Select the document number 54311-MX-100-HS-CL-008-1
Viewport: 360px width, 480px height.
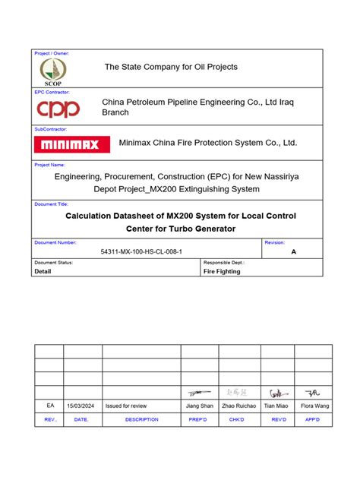[141, 251]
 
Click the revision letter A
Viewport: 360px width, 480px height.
[293, 251]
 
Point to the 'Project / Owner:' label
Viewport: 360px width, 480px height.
[52, 53]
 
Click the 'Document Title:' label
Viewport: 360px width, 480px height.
[52, 204]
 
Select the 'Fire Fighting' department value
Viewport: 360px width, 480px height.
[222, 271]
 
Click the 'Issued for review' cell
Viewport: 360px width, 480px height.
[125, 406]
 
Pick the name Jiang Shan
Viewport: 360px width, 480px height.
[200, 406]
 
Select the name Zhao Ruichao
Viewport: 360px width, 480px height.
[238, 406]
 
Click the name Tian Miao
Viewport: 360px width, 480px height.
[276, 406]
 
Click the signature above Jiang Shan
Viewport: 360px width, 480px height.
[200, 393]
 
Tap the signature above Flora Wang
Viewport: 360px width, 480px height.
[312, 393]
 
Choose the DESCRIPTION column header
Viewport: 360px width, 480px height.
[142, 419]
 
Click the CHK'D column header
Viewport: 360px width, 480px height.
[240, 419]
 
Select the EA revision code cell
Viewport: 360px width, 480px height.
[50, 406]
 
